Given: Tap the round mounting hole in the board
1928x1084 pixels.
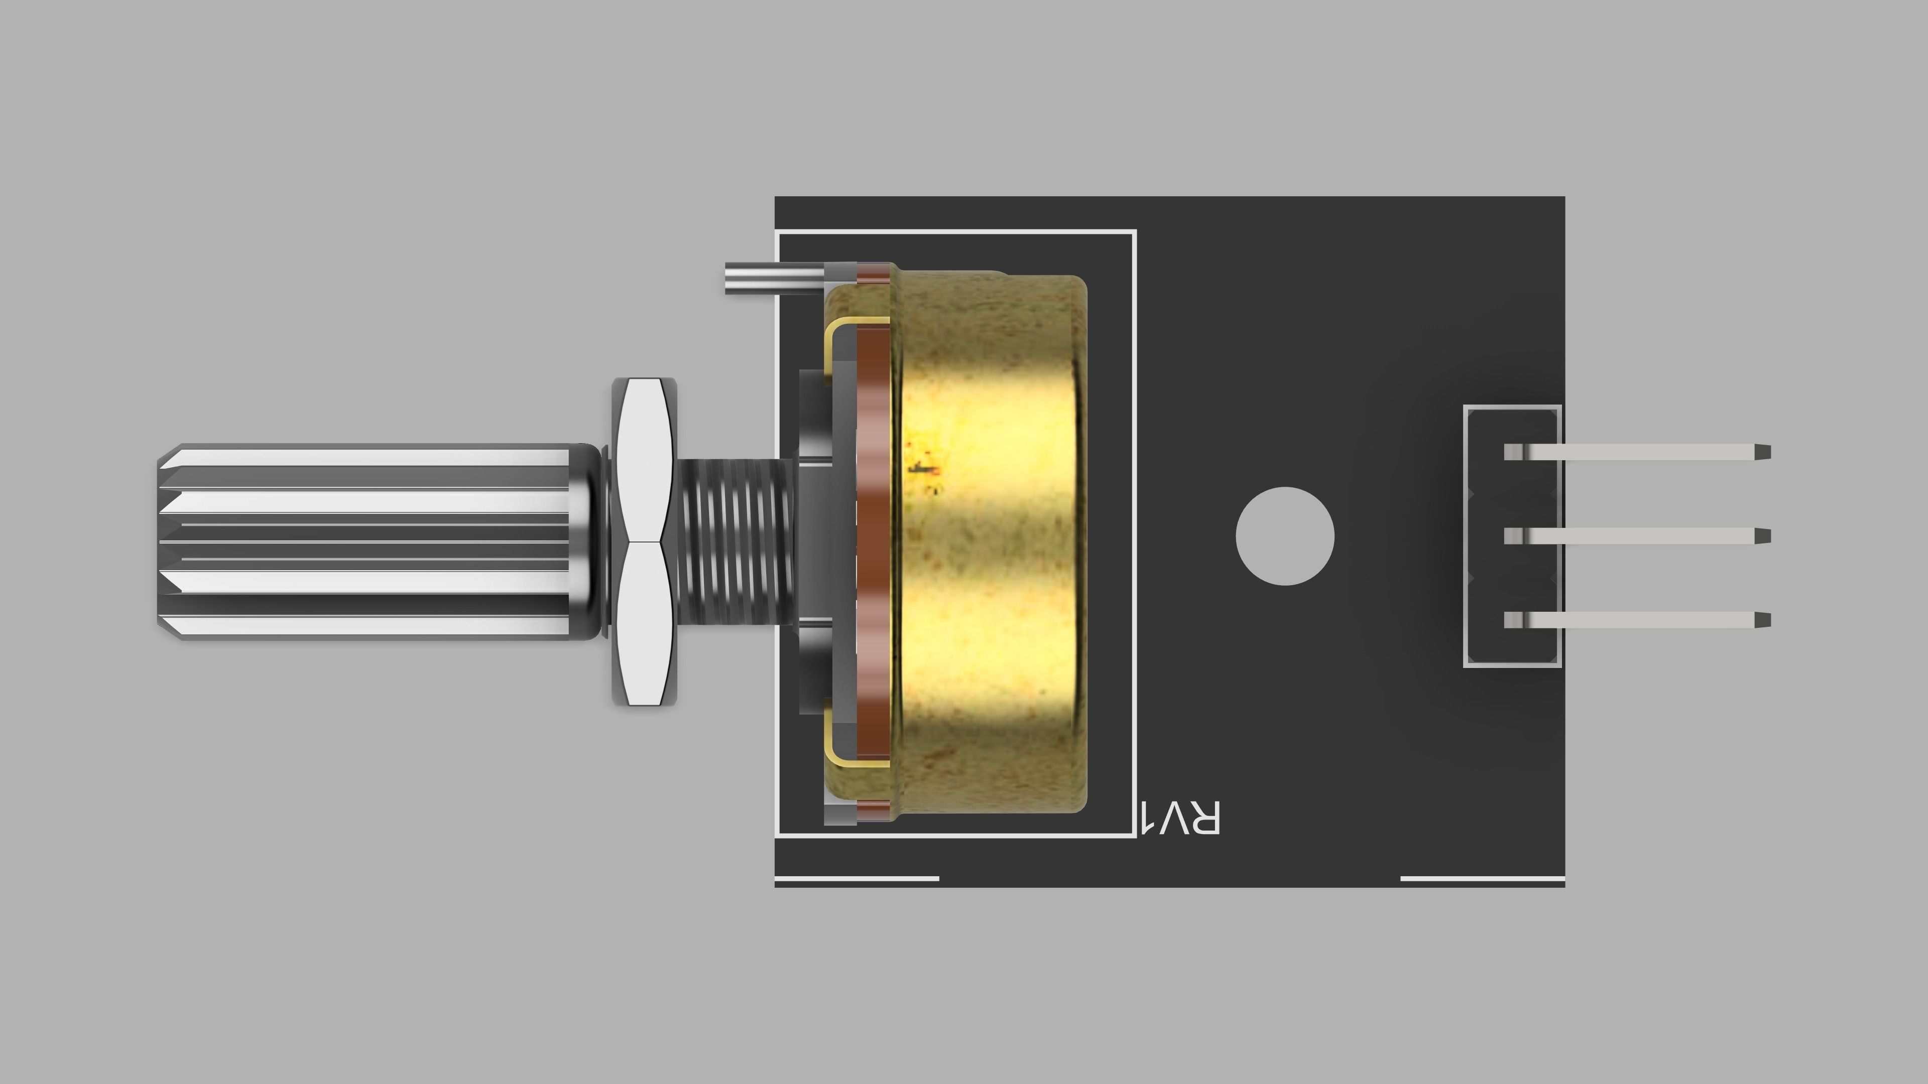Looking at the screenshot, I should click(1284, 535).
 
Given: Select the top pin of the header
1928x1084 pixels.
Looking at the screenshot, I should click(1635, 452).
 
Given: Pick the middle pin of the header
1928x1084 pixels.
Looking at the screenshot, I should click(1635, 535).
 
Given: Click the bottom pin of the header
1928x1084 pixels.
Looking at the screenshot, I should click(1635, 620).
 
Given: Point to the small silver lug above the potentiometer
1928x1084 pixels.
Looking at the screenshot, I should click(771, 277).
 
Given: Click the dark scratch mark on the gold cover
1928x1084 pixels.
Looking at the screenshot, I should click(922, 468).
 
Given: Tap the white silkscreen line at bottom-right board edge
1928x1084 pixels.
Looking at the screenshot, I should click(1482, 878).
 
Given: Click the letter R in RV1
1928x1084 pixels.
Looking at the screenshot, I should click(1203, 818).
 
